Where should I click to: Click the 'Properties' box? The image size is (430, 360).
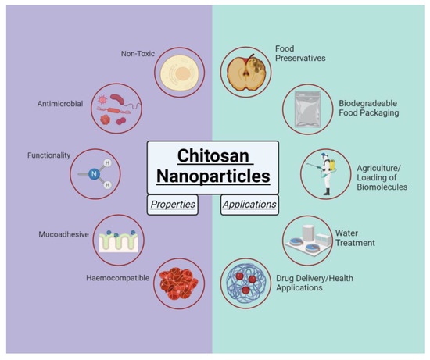point(172,205)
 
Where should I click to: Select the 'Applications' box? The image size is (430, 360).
point(249,205)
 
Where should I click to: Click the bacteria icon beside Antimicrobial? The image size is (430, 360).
point(117,109)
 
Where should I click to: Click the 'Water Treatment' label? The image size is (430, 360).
point(356,237)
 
